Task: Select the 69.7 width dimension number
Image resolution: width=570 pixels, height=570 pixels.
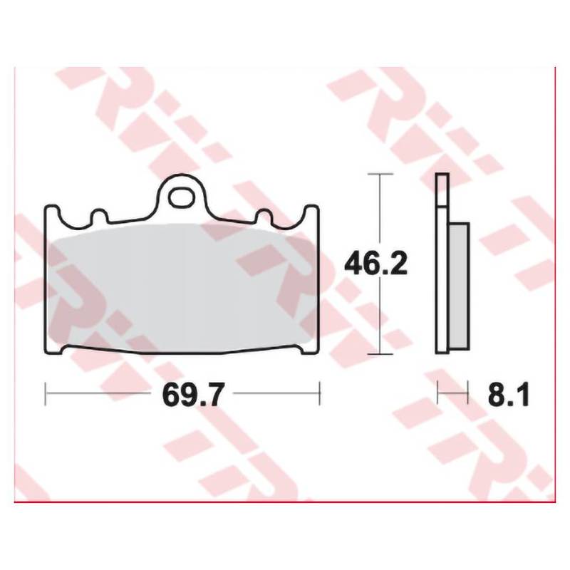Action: click(x=192, y=395)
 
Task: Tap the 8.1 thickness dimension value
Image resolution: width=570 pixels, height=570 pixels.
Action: click(x=509, y=395)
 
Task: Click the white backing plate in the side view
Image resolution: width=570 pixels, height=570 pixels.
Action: click(x=442, y=264)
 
